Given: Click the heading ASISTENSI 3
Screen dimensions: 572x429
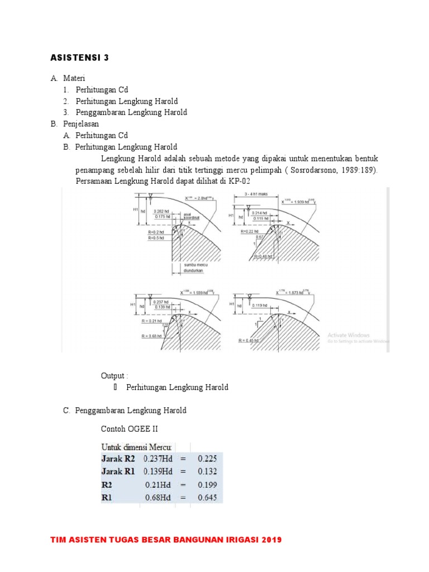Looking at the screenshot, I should click(x=79, y=58).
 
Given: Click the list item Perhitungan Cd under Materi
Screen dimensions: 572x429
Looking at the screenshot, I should click(x=102, y=89).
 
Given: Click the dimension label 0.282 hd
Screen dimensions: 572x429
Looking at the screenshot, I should click(x=162, y=211).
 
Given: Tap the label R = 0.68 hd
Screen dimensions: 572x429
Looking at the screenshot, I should click(x=152, y=336).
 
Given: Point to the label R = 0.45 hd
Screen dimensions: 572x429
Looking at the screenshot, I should click(x=249, y=340).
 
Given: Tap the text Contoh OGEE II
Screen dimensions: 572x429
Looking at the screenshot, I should click(x=126, y=429).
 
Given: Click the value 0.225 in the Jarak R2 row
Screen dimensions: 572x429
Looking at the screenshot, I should click(x=206, y=459).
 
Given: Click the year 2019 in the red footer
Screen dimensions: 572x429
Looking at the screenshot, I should click(x=269, y=540).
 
